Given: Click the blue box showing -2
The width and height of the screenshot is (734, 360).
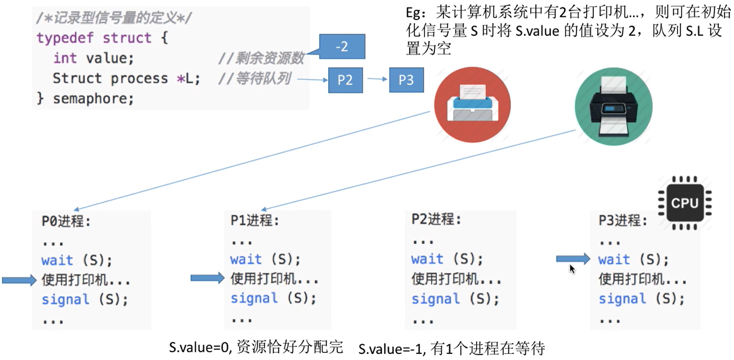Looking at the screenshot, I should click(342, 47).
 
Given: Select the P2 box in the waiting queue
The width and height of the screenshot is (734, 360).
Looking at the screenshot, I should click(346, 80).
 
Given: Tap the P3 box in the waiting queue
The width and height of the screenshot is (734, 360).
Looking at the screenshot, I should click(406, 80).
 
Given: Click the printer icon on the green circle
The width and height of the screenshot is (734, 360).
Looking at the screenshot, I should click(613, 107).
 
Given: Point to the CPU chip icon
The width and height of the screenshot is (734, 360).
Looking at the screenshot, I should click(685, 203).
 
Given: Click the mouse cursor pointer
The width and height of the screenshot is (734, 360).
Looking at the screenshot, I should click(572, 269).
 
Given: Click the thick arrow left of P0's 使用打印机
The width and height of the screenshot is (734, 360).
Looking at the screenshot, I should click(19, 279).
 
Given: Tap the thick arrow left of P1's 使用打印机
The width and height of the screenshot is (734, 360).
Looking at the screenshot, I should click(207, 278).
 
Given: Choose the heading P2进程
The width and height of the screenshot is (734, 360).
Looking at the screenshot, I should click(436, 220).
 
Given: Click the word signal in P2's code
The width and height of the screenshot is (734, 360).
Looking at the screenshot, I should click(436, 299).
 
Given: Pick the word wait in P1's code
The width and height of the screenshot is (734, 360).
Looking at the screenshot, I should click(246, 259).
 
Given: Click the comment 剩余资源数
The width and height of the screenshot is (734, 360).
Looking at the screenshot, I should click(269, 59).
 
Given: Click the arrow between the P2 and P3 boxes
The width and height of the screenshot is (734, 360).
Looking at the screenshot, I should click(377, 79).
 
